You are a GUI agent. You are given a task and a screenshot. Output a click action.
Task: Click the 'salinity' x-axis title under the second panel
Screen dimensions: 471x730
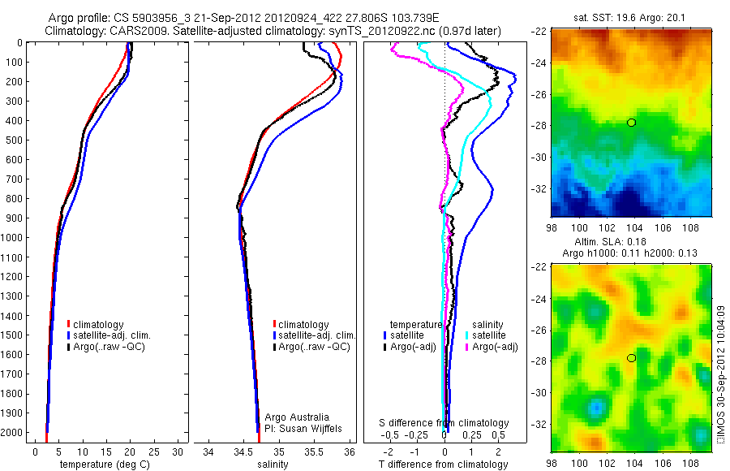[273, 465]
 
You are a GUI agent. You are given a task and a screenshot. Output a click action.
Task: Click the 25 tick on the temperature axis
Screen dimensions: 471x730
[154, 452]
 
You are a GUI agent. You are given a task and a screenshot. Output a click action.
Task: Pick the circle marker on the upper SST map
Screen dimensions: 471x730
[631, 123]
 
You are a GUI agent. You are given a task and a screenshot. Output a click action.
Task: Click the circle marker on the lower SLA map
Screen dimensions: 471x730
[631, 358]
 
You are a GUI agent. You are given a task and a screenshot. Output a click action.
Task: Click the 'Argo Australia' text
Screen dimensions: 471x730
[298, 417]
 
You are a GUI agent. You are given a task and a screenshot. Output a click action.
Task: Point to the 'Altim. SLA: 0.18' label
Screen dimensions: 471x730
[631, 241]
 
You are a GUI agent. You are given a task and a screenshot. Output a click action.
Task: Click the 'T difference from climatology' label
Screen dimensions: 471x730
[444, 465]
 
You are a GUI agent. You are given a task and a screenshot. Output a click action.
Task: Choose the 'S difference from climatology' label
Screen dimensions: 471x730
[444, 423]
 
